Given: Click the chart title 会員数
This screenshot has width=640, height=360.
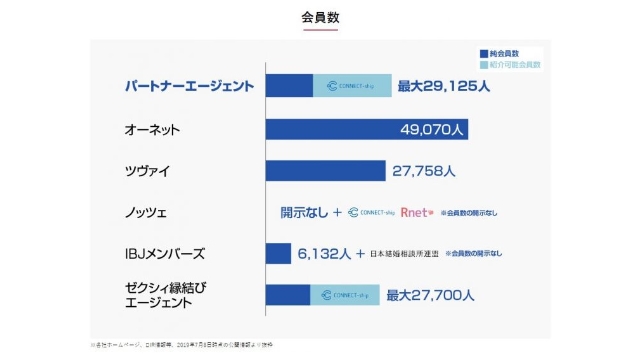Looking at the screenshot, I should pos(319,17).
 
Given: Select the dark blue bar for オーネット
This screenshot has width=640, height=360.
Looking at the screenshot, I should pos(330,129).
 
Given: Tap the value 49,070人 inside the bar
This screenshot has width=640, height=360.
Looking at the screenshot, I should pos(432,129).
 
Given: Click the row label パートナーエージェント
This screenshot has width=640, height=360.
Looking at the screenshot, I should pos(188,86).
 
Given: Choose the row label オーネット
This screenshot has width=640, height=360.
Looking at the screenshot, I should pos(152,130).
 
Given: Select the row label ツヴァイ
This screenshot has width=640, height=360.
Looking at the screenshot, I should pos(147,171).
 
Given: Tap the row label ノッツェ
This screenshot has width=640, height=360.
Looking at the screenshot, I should pos(147,212).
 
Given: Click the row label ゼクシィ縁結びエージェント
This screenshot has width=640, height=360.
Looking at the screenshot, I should pos(166,294).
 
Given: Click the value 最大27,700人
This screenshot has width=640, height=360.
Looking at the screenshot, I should pos(431,295).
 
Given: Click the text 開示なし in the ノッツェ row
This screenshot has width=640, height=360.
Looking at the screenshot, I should pos(304,212).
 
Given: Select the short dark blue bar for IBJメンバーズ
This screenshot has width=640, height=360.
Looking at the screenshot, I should pos(278,254).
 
